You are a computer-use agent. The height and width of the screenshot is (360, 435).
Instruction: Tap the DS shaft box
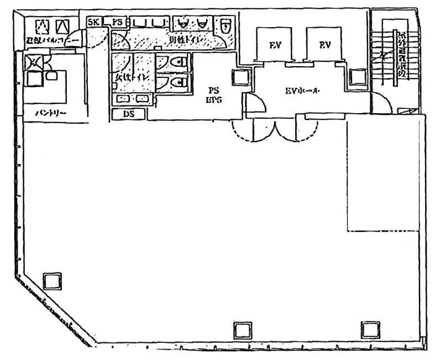coord(129,114)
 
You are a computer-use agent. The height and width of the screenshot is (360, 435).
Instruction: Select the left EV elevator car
coord(275,45)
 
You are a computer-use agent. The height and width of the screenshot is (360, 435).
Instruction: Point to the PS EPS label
coord(214,94)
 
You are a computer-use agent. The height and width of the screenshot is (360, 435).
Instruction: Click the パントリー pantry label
coord(50,113)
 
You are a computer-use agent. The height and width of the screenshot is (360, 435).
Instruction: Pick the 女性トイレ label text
coord(131,77)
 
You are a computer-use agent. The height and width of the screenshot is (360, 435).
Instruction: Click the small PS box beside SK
coord(117,22)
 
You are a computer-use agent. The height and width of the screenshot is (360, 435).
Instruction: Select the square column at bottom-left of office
coord(53,281)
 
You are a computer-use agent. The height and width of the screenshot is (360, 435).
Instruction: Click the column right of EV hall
coord(358,77)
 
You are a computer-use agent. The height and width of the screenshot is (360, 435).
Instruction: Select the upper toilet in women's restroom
coord(175,62)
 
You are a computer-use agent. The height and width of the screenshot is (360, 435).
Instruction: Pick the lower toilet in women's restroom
coord(175,82)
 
